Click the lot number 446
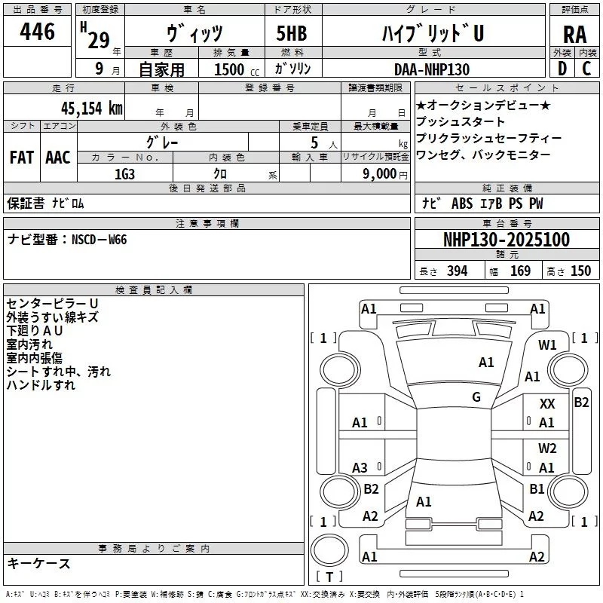point(38,32)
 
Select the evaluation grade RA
point(574,34)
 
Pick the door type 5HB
point(292,34)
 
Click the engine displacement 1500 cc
point(231,69)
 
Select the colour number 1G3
point(124,173)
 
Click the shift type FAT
point(22,157)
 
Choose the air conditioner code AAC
point(58,157)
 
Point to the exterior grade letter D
point(561,69)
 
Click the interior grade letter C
point(587,69)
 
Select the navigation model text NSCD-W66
point(99,240)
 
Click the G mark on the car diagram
point(476,396)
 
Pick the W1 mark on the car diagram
point(547,345)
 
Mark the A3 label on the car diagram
point(360,468)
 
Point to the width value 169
point(520,271)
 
